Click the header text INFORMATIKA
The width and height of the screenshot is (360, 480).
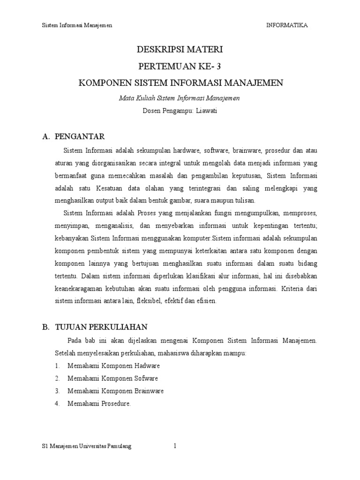click(287, 25)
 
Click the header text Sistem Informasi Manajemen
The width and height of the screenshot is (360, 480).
click(77, 25)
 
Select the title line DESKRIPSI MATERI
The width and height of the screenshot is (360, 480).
click(180, 49)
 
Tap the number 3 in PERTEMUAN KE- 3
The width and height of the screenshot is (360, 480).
click(217, 66)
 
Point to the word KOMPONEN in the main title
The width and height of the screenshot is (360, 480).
click(102, 83)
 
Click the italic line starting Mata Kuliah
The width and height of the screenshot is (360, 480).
click(180, 98)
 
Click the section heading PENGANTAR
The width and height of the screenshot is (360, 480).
click(80, 137)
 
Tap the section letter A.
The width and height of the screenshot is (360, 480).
click(45, 137)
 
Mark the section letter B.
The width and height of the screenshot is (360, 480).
click(45, 327)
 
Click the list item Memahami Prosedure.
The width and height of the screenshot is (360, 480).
click(99, 403)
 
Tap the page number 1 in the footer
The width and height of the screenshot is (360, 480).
click(175, 446)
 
